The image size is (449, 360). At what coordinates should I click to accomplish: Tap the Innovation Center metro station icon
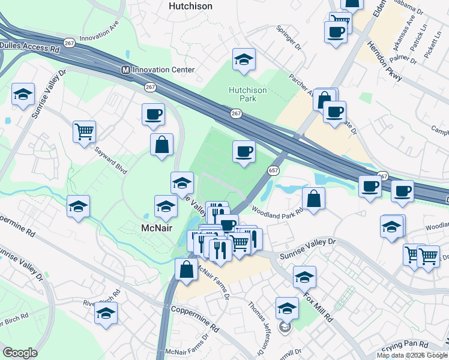(126, 70)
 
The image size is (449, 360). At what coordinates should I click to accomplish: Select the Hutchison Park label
(247, 95)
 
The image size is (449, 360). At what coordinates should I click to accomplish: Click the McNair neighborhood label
(157, 229)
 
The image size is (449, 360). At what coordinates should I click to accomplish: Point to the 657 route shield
(273, 170)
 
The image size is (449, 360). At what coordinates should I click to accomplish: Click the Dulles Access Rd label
(31, 45)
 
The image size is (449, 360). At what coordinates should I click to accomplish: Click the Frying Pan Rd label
(406, 344)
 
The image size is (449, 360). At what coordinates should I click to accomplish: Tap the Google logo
(20, 353)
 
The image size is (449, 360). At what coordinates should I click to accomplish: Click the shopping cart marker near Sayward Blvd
(84, 131)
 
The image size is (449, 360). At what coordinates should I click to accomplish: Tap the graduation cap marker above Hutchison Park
(244, 59)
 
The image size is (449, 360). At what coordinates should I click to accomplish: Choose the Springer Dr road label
(288, 38)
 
